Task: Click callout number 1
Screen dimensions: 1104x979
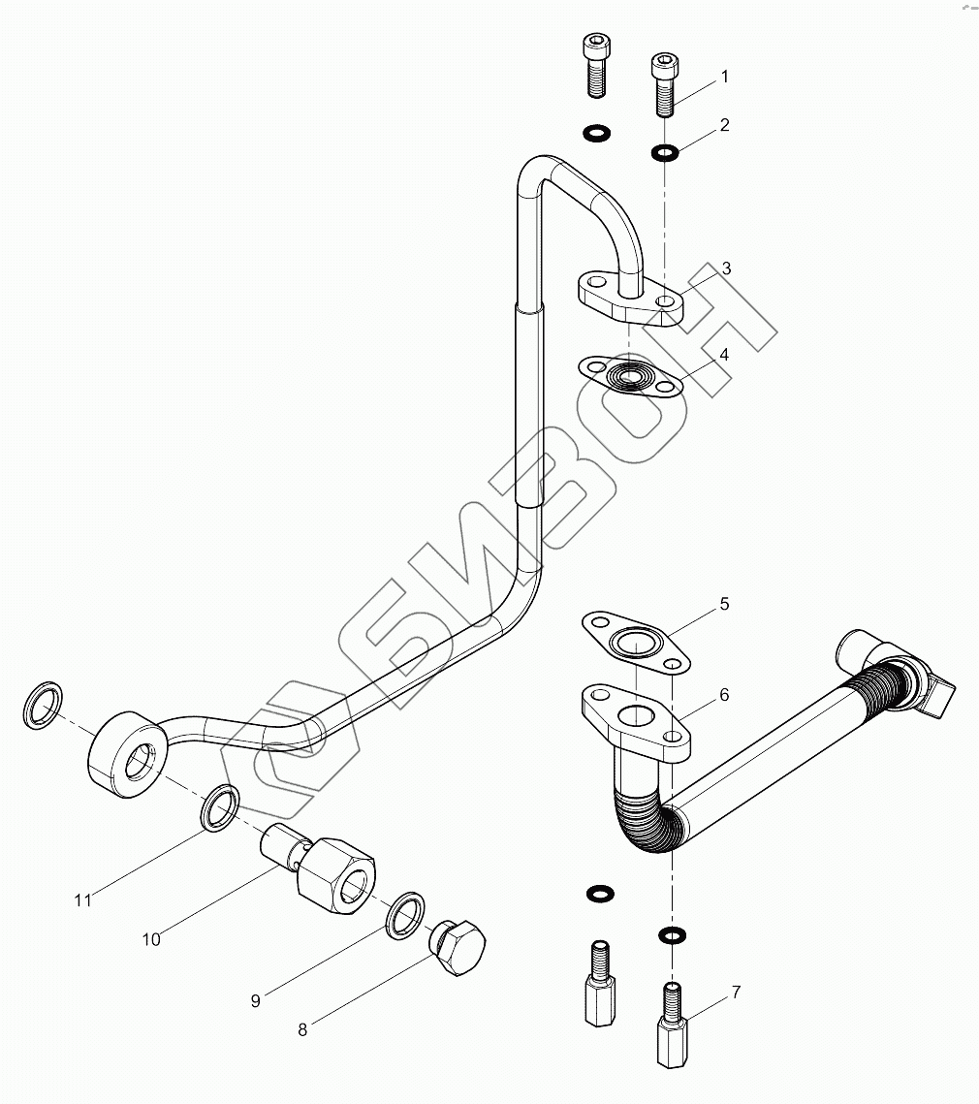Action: click(724, 77)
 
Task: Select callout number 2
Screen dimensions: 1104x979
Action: click(724, 125)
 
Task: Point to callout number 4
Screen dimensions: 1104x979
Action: click(724, 355)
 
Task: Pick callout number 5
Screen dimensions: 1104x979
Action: click(724, 605)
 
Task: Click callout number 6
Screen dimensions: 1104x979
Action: click(724, 695)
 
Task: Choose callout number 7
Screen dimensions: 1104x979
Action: click(736, 992)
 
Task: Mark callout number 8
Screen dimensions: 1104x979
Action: click(302, 1030)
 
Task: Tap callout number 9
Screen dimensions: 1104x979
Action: click(256, 1001)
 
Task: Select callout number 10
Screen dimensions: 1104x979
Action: click(151, 938)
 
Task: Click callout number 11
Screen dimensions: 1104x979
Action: click(83, 900)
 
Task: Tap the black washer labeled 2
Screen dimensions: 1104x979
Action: click(665, 152)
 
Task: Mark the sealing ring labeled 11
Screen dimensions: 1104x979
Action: click(221, 807)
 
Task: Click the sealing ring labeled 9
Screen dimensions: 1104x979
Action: click(405, 914)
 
